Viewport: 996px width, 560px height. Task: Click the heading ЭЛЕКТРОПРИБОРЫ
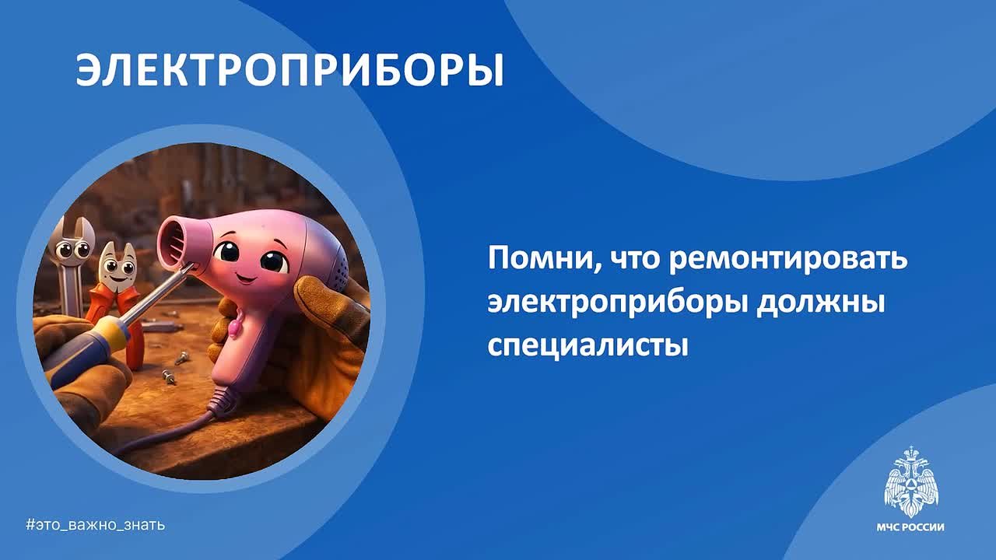(289, 70)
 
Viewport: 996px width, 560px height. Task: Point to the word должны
(821, 304)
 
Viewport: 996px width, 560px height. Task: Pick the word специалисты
(587, 345)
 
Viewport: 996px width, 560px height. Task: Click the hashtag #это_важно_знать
(96, 525)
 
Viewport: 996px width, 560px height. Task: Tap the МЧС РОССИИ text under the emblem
(910, 527)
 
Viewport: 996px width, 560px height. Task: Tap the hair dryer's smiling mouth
(246, 279)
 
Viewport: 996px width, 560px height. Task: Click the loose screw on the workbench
(168, 377)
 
